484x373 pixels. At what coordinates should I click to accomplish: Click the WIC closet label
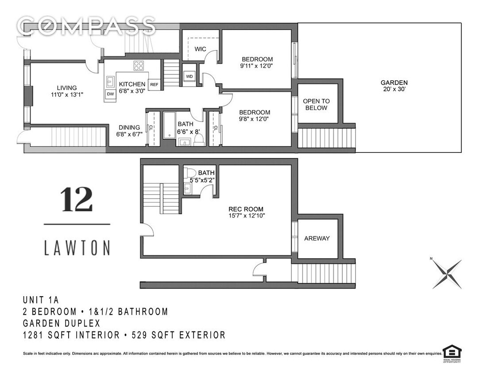click(x=200, y=49)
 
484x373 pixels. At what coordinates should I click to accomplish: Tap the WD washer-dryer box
click(x=190, y=76)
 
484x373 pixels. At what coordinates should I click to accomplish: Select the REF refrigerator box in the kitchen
click(x=154, y=84)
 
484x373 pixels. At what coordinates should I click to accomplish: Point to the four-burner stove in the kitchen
click(x=139, y=66)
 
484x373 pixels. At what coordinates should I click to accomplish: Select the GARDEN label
click(x=394, y=83)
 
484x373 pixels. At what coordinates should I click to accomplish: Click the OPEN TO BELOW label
click(x=316, y=104)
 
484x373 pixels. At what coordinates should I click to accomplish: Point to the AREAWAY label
click(x=317, y=238)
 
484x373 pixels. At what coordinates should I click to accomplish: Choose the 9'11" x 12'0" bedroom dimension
click(x=257, y=66)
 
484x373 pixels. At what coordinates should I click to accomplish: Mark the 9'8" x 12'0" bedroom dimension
click(x=254, y=118)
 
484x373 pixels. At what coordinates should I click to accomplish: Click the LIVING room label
click(x=66, y=88)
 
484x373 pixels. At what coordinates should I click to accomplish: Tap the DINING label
click(x=129, y=127)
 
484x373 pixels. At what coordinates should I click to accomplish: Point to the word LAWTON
click(x=77, y=247)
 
